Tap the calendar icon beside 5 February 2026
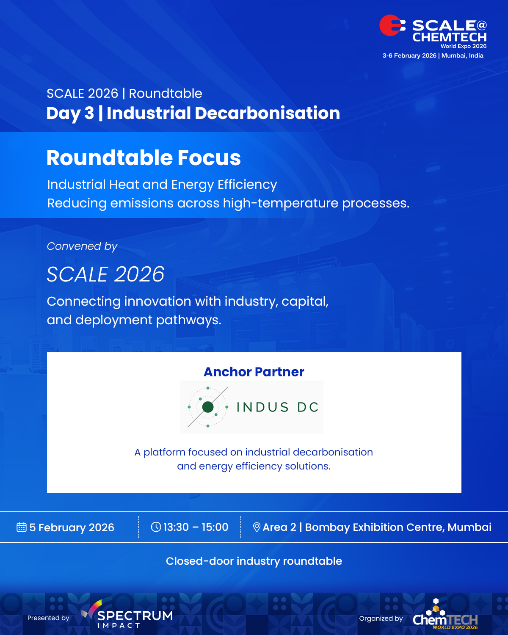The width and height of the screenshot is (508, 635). [x=21, y=527]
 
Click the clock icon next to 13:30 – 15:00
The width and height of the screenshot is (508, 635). [x=156, y=527]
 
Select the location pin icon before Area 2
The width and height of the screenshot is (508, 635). [x=257, y=527]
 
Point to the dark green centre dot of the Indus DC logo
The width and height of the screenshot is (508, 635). [x=208, y=407]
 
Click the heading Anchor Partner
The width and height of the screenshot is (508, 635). [x=254, y=372]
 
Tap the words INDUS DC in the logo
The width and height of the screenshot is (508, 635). [x=277, y=407]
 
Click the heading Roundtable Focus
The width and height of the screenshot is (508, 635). [x=144, y=158]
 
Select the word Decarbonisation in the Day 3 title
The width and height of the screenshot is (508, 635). [x=268, y=113]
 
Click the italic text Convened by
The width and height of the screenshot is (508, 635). [x=82, y=246]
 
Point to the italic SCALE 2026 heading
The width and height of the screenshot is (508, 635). [x=105, y=274]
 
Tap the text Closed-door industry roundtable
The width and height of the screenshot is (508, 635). [x=254, y=561]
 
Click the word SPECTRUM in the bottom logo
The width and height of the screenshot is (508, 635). [x=135, y=616]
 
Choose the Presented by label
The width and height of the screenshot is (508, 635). [x=48, y=618]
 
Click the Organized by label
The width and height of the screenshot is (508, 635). [x=381, y=618]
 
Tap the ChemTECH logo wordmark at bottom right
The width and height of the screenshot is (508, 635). [x=445, y=620]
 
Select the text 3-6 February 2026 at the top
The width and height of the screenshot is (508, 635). [x=409, y=55]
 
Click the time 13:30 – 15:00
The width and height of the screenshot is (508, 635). [x=196, y=527]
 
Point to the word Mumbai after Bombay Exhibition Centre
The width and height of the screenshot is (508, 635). [x=469, y=527]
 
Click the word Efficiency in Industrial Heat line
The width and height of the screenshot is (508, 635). [x=247, y=185]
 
